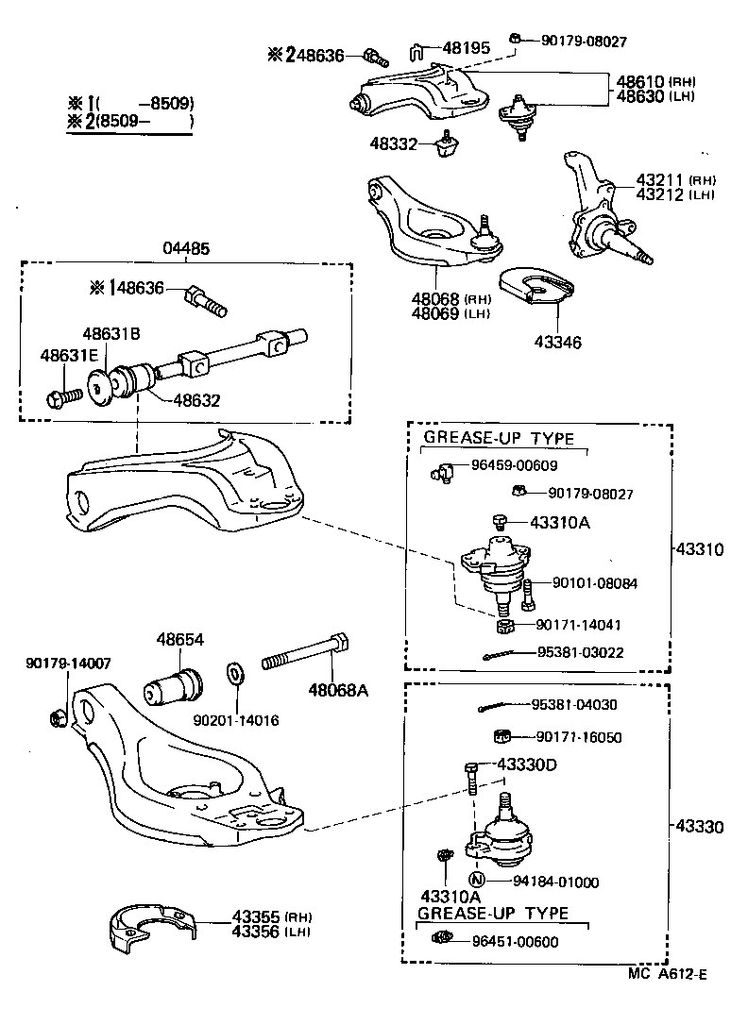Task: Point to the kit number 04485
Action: [x=185, y=248]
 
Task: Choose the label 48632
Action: [x=196, y=400]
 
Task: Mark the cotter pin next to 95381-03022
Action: [x=502, y=654]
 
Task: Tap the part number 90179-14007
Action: [x=67, y=663]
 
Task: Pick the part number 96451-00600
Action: [x=516, y=941]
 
